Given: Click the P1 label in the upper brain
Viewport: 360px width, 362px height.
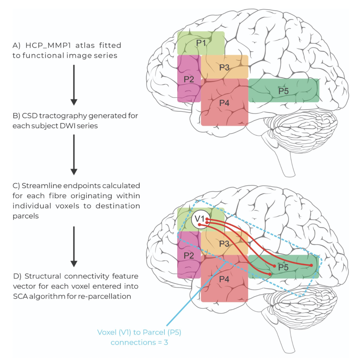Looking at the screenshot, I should (x=201, y=43).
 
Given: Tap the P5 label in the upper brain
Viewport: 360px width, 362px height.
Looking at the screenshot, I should (x=283, y=91).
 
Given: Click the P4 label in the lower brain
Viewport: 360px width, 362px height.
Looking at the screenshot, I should (x=224, y=279).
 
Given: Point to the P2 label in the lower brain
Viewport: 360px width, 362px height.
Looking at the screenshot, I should (x=189, y=255).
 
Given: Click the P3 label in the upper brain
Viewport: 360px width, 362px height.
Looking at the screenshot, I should (x=224, y=67).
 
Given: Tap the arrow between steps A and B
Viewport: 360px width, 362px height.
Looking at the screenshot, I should (x=74, y=85).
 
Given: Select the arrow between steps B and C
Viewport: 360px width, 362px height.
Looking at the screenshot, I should (x=74, y=155).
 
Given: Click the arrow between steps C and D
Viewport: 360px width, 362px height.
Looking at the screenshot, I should (x=74, y=247).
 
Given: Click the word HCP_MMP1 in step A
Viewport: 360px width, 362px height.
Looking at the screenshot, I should (x=48, y=45).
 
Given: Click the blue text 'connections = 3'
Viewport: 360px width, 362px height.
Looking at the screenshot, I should (x=139, y=342).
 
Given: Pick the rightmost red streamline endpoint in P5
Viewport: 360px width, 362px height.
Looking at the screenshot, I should (x=311, y=265).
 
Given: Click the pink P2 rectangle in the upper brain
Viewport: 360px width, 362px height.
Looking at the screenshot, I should (x=189, y=90).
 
